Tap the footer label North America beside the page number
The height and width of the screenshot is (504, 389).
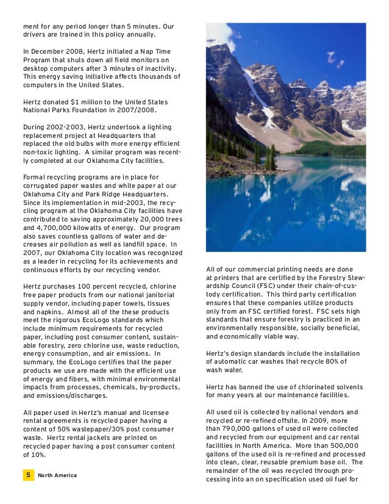point(57,476)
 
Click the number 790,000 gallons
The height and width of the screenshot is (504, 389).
point(237,430)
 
